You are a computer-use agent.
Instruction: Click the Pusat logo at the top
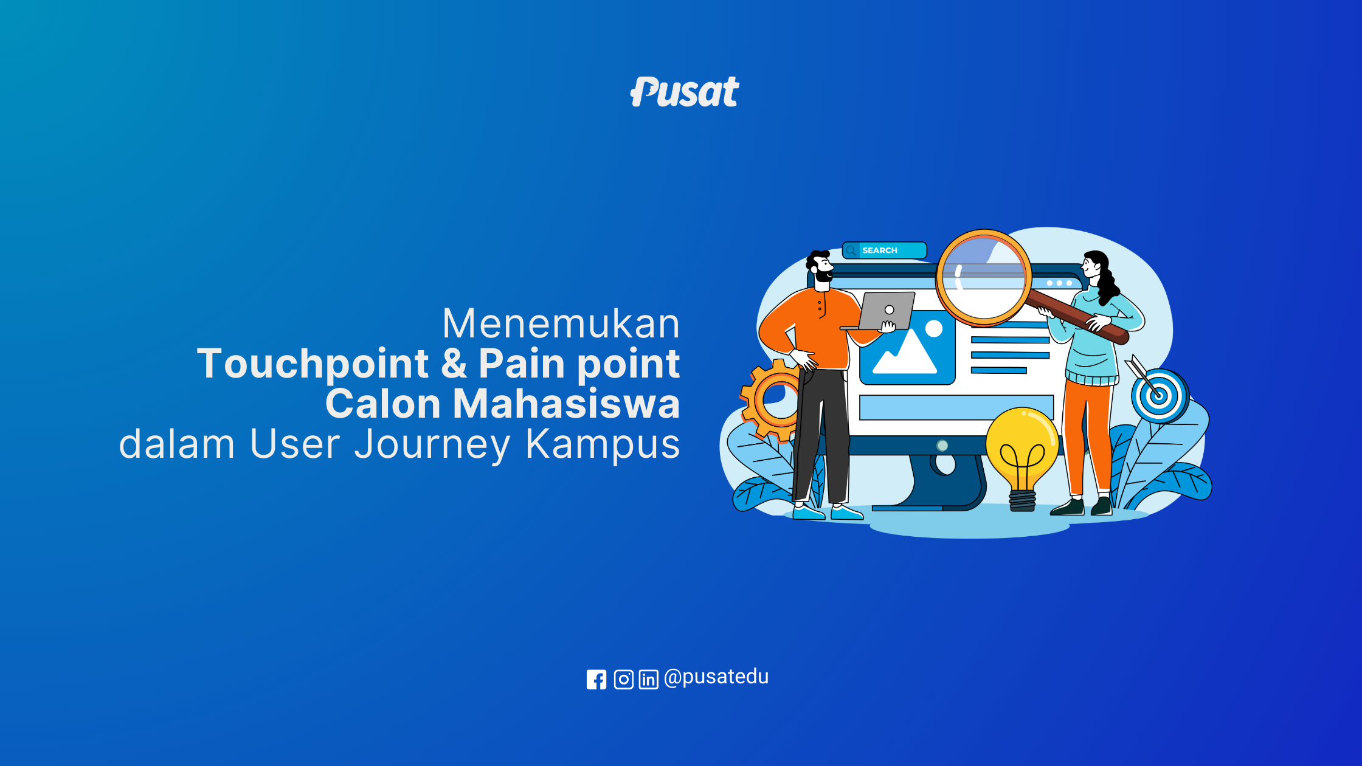click(685, 92)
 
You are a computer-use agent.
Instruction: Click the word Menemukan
click(561, 323)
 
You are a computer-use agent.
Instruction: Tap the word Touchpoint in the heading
click(313, 364)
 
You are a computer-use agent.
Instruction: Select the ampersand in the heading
click(454, 363)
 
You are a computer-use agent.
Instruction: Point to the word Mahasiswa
click(566, 404)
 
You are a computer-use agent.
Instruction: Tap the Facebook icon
click(596, 679)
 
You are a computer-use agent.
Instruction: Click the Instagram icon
click(623, 679)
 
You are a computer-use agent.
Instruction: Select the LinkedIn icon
click(649, 679)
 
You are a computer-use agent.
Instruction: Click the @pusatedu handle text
click(716, 677)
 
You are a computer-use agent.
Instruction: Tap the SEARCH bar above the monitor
click(885, 250)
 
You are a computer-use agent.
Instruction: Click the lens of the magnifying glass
click(983, 277)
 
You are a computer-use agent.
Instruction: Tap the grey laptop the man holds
click(882, 311)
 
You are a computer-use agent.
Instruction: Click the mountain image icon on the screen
click(907, 348)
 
